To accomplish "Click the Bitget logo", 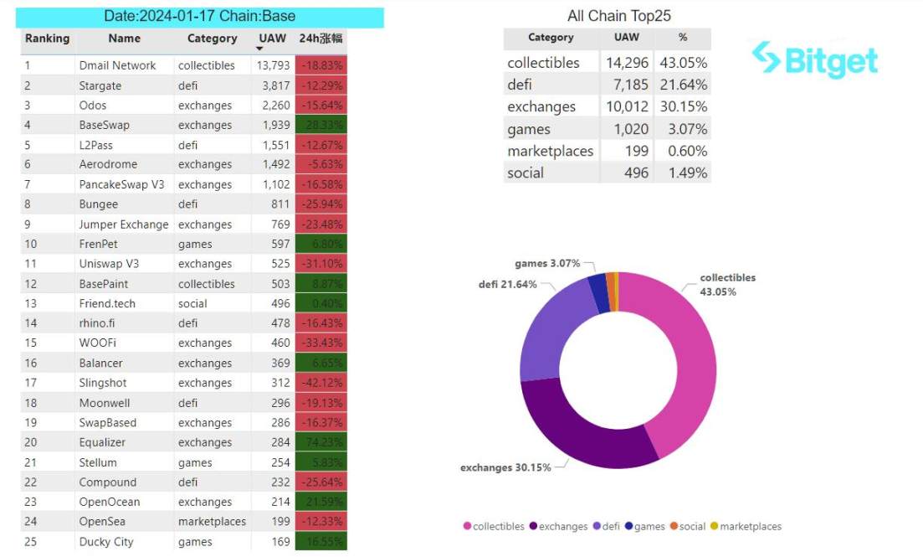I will coord(815,59).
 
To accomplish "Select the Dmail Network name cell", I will coord(117,65).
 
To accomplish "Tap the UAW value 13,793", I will coord(273,65).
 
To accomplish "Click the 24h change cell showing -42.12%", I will coord(321,383).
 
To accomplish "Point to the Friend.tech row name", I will coord(108,303).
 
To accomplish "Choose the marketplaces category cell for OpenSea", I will coord(212,522).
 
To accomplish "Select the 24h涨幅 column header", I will coord(320,39).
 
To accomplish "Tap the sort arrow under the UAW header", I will coord(259,49).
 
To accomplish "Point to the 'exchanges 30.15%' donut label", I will coord(505,467).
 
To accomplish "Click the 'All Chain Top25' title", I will coord(618,16).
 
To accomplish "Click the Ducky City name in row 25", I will coord(106,542).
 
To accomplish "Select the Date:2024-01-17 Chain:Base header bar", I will coord(200,17).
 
